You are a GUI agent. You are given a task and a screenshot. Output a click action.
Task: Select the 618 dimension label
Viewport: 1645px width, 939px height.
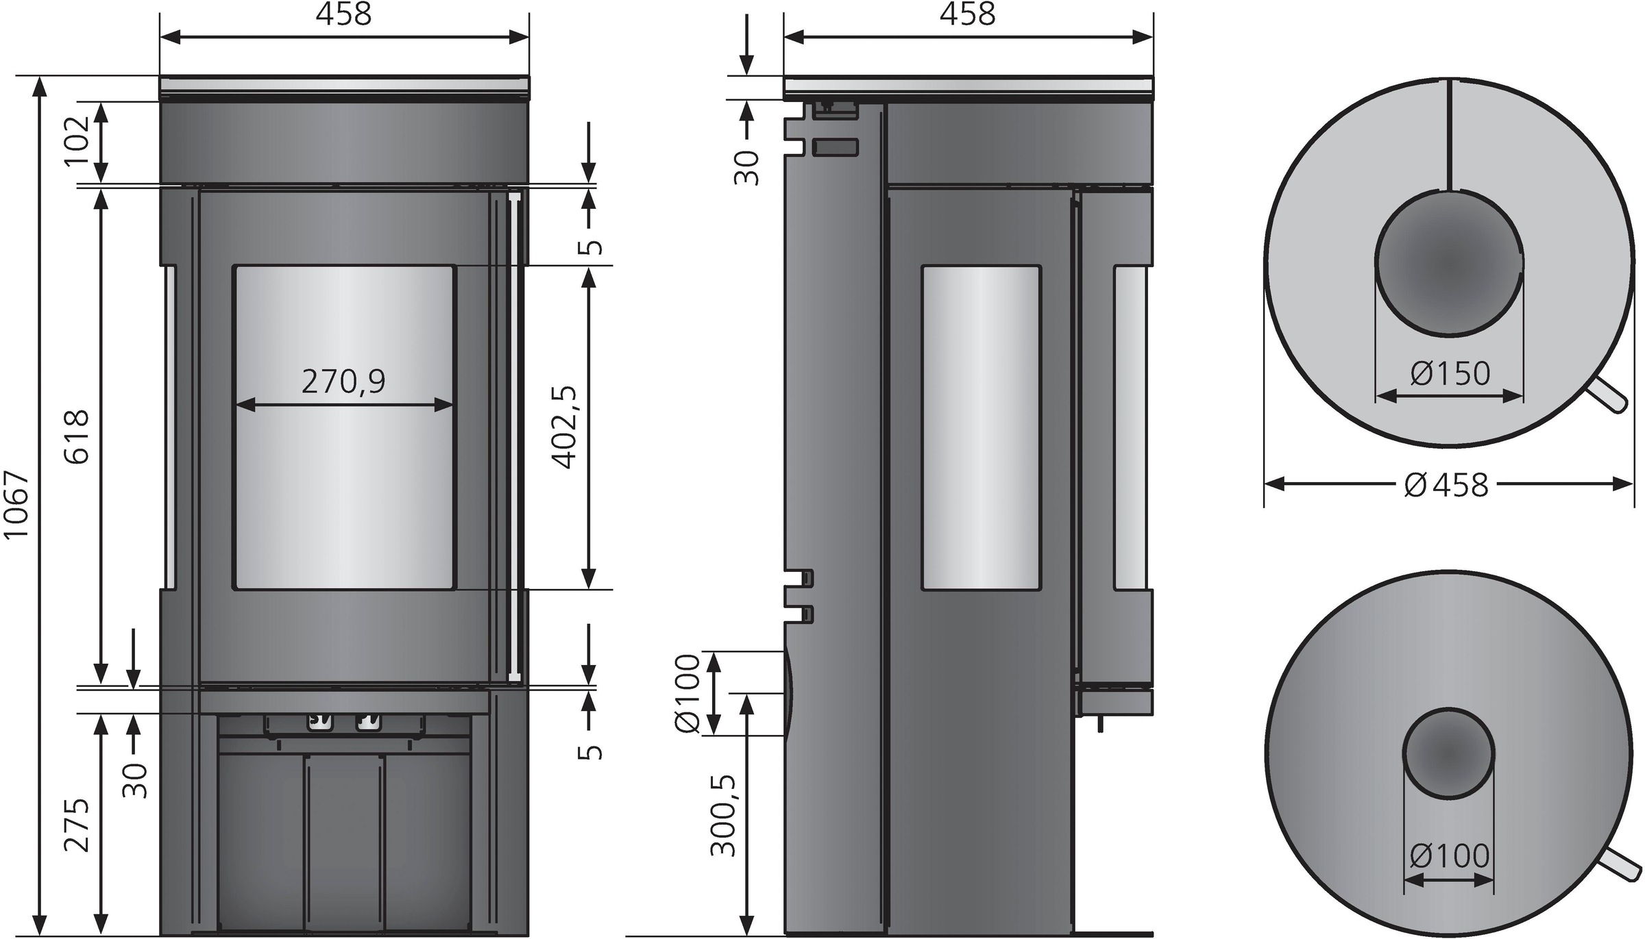coord(77,437)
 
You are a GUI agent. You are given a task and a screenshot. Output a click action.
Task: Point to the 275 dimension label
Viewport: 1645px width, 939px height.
coord(77,825)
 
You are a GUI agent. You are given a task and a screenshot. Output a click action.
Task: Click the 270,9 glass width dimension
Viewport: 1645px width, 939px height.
coord(343,381)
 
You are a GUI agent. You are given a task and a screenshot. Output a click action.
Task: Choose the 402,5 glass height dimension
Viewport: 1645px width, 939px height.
coord(566,427)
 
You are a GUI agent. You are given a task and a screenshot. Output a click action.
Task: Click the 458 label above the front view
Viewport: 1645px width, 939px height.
coord(343,14)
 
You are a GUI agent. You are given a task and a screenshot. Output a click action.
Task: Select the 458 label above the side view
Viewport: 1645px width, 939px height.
coord(967,14)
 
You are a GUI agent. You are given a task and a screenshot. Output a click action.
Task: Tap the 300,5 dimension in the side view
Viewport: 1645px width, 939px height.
coord(723,816)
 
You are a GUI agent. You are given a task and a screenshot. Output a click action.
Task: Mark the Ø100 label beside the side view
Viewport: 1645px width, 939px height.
coord(687,694)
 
